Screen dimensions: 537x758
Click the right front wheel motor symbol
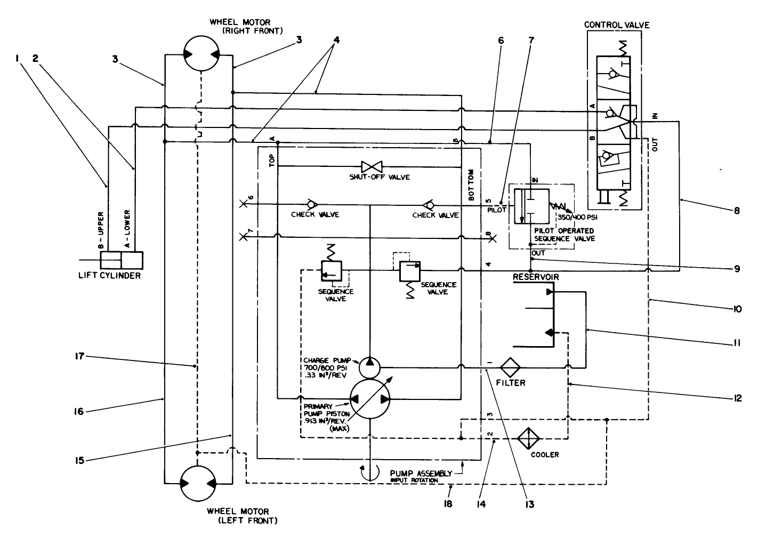click(x=199, y=54)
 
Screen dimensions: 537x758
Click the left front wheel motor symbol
click(x=199, y=483)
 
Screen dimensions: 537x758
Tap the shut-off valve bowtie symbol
click(x=369, y=166)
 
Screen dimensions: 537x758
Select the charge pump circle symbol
click(x=369, y=367)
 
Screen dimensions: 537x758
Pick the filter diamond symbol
click(x=510, y=367)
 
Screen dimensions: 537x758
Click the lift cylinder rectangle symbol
click(x=122, y=261)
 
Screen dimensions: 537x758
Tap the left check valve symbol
click(x=310, y=204)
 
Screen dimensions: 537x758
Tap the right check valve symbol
click(x=428, y=204)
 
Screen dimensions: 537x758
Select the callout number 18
click(x=448, y=503)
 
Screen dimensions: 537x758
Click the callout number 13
click(x=528, y=503)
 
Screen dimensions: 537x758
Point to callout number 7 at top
click(x=530, y=40)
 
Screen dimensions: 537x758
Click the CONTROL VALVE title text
click(x=617, y=25)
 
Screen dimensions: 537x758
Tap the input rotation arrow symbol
click(x=369, y=471)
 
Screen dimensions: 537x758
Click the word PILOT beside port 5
click(x=497, y=210)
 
